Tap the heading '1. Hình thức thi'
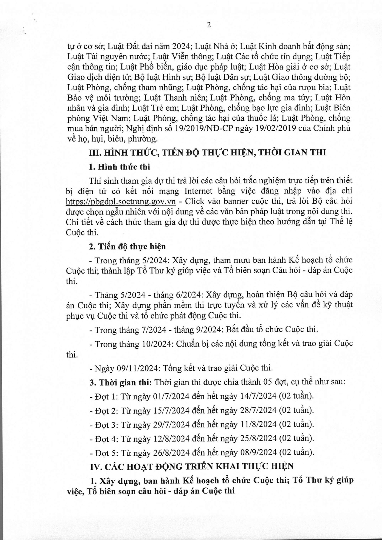119,167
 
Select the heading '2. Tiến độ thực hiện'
127,246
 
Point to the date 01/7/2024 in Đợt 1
171,396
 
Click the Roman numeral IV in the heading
95,466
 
